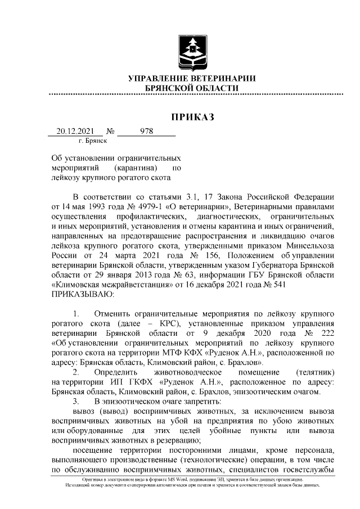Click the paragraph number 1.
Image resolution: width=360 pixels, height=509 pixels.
pos(76,312)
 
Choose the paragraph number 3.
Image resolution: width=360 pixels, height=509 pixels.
pos(76,401)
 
